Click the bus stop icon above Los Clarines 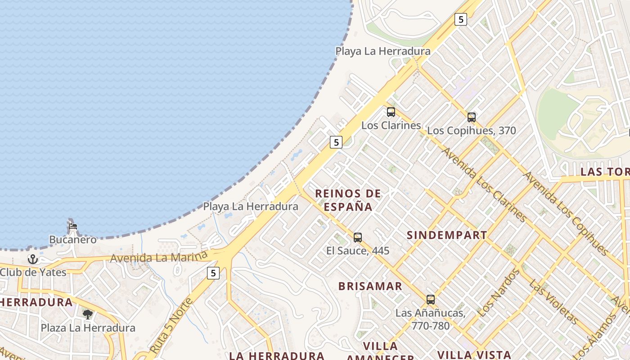pos(391,112)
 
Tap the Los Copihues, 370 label pos(471,131)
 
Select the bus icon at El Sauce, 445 pos(358,237)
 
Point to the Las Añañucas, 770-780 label pos(430,319)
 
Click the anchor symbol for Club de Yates pos(32,259)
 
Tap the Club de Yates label pos(33,272)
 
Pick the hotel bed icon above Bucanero pos(73,226)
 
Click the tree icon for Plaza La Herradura pos(88,314)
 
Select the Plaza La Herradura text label pos(88,328)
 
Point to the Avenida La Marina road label pos(158,257)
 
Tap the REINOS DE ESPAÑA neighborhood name pos(348,200)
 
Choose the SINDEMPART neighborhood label pos(447,235)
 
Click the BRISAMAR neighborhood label pos(370,286)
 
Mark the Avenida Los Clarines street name pos(484,184)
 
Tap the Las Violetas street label pos(553,302)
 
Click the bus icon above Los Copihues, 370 pos(471,117)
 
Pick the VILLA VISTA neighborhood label pos(474,355)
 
